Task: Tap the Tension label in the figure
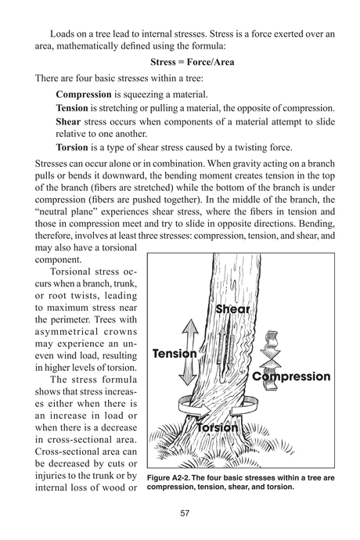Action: pyautogui.click(x=175, y=354)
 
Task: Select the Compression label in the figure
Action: pyautogui.click(x=292, y=376)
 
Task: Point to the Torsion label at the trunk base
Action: pyautogui.click(x=218, y=427)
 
